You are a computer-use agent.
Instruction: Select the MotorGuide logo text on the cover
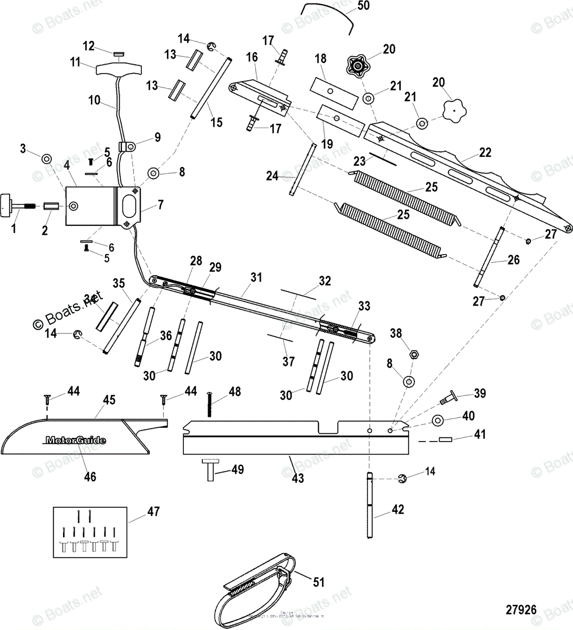click(76, 440)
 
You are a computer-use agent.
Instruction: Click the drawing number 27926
click(521, 610)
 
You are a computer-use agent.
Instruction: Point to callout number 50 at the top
click(363, 6)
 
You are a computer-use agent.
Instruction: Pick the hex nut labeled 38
click(413, 354)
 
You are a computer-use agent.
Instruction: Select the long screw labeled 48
click(210, 405)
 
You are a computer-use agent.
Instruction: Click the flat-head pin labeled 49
click(210, 469)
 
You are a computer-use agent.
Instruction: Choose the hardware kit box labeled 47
click(90, 532)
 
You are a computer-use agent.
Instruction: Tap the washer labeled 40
click(437, 419)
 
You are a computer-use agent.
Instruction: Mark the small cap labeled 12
click(118, 52)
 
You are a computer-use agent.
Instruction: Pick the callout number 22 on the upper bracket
click(485, 153)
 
